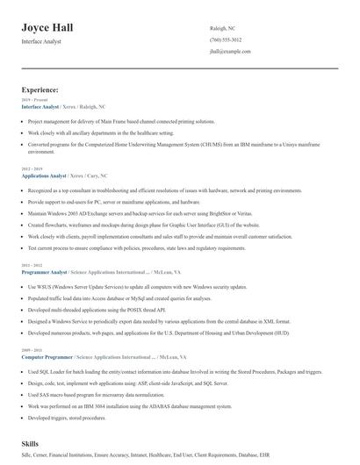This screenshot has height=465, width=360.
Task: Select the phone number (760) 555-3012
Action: click(226, 40)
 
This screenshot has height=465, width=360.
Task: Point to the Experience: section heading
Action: click(40, 89)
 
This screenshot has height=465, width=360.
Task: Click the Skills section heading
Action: click(32, 444)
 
